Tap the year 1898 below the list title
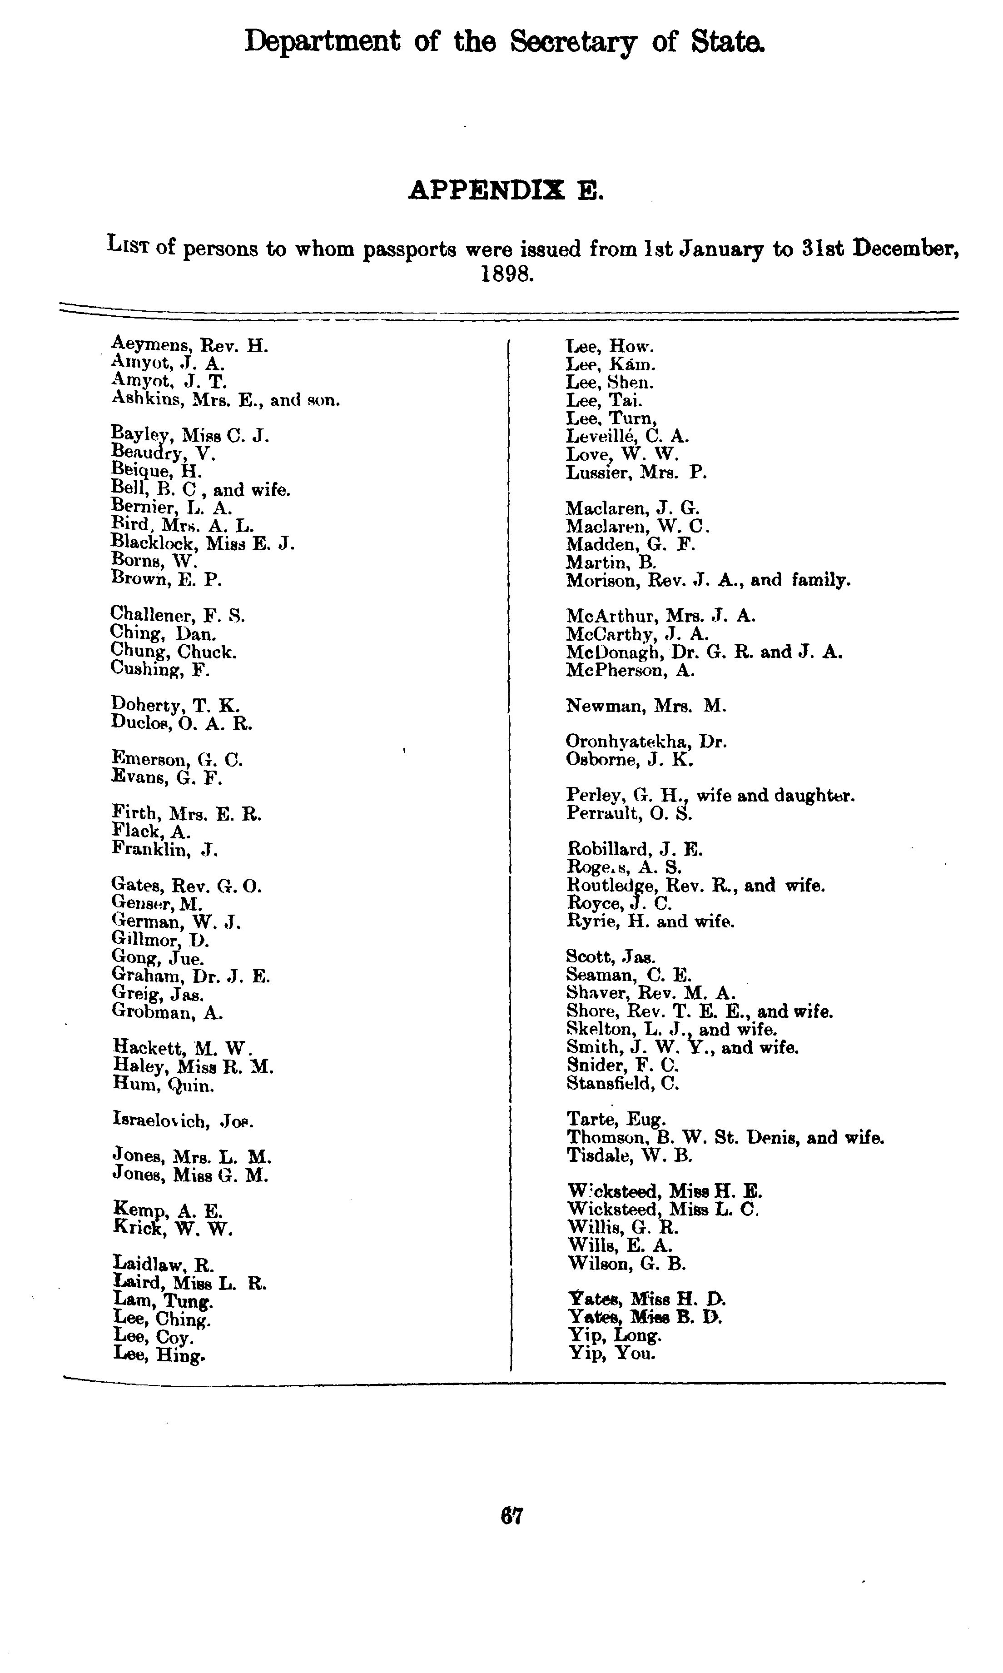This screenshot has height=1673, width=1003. tap(507, 275)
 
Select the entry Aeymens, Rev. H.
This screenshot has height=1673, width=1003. tap(190, 345)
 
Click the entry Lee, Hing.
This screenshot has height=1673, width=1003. tap(159, 1354)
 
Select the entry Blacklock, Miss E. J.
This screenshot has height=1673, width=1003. tap(203, 543)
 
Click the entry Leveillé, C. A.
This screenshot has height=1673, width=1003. tap(628, 436)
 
